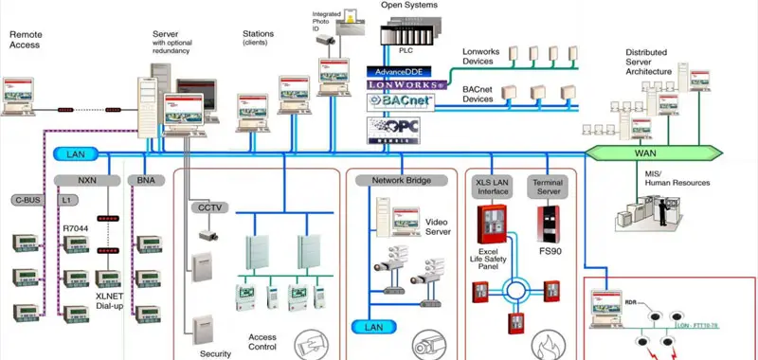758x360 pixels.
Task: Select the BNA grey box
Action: coord(145,179)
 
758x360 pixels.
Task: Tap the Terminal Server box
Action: coord(549,186)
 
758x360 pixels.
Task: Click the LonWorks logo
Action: coord(406,85)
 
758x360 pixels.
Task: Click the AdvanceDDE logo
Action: coord(399,71)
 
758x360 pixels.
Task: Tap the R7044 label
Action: coord(76,229)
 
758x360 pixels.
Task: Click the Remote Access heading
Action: coord(26,39)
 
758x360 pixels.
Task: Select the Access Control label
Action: coord(262,342)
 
